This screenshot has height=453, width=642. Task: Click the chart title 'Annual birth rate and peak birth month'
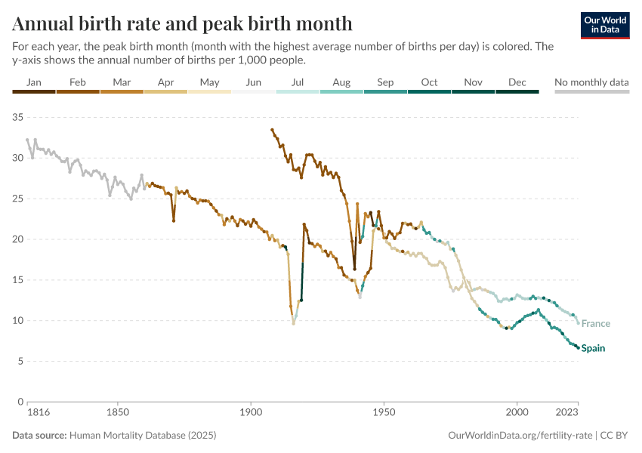pos(182,23)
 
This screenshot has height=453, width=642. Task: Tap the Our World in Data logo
pos(605,25)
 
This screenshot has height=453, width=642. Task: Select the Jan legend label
pos(34,82)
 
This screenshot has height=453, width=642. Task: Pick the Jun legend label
pos(254,82)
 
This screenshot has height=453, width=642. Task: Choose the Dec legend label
pos(517,82)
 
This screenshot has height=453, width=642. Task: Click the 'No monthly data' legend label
pos(591,82)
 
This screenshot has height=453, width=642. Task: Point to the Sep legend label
pos(385,82)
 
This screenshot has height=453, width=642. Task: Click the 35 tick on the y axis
pos(19,117)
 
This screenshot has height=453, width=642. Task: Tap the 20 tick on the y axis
pos(19,239)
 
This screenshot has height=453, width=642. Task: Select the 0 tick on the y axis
pos(22,402)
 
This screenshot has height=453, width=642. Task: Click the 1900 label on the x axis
pos(251,414)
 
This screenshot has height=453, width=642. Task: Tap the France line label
pos(595,324)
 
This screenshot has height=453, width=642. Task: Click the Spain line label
pos(593,348)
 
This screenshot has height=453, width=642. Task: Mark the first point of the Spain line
pos(272,130)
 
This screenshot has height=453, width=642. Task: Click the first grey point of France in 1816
pos(27,140)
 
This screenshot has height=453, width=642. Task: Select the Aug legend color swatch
pos(341,91)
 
